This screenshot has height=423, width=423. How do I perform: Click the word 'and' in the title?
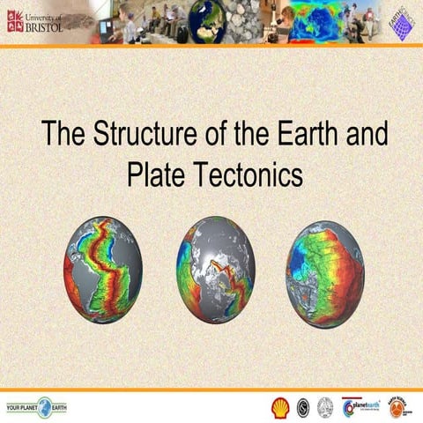click(x=365, y=136)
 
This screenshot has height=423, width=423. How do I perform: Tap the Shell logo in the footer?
click(x=279, y=407)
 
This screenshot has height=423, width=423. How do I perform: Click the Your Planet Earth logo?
click(x=36, y=407)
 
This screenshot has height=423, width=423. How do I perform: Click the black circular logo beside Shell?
click(x=303, y=407)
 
